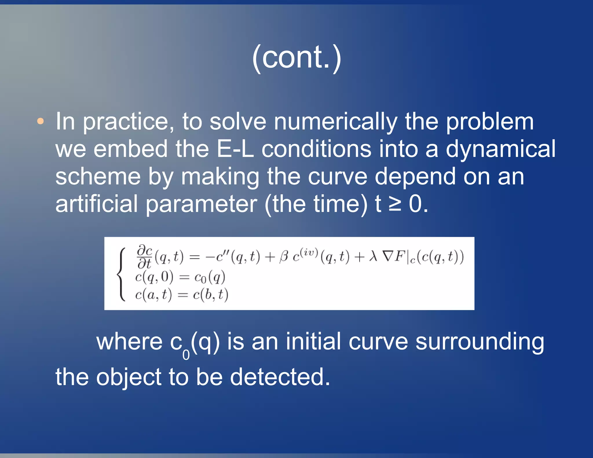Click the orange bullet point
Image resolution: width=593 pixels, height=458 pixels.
tap(41, 121)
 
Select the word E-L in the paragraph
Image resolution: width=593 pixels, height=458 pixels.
tap(235, 149)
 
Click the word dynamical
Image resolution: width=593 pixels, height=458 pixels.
tap(500, 149)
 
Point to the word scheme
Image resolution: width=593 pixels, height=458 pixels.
tap(98, 176)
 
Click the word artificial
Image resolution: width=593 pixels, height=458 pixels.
tap(96, 204)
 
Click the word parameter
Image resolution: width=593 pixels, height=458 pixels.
tap(201, 204)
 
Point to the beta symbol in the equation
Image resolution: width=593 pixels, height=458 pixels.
tap(284, 257)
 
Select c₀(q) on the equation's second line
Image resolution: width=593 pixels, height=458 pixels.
tap(210, 277)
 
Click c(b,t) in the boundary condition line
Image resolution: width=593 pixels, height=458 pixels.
tap(211, 295)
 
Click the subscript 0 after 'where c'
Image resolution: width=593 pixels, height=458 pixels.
tap(186, 354)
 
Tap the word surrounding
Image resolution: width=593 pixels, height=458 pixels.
tap(480, 342)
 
